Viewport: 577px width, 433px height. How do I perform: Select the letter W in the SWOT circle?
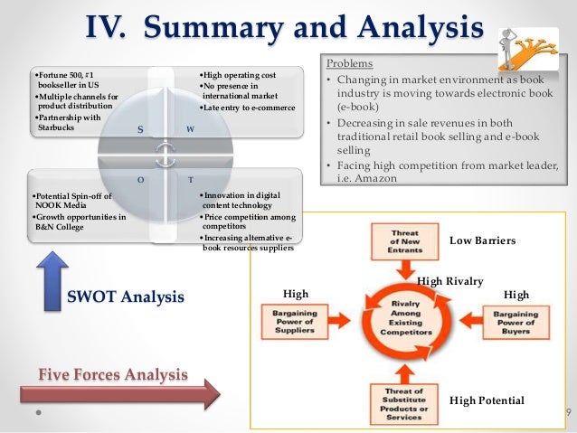(190, 130)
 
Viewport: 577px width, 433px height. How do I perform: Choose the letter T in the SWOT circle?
(191, 180)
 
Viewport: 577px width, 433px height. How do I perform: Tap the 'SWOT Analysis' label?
(126, 296)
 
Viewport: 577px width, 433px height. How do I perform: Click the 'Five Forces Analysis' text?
(113, 372)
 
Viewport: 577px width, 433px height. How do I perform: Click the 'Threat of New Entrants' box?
(402, 245)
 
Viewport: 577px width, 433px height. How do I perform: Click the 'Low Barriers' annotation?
(482, 241)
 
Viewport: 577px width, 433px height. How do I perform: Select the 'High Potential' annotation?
(487, 399)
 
